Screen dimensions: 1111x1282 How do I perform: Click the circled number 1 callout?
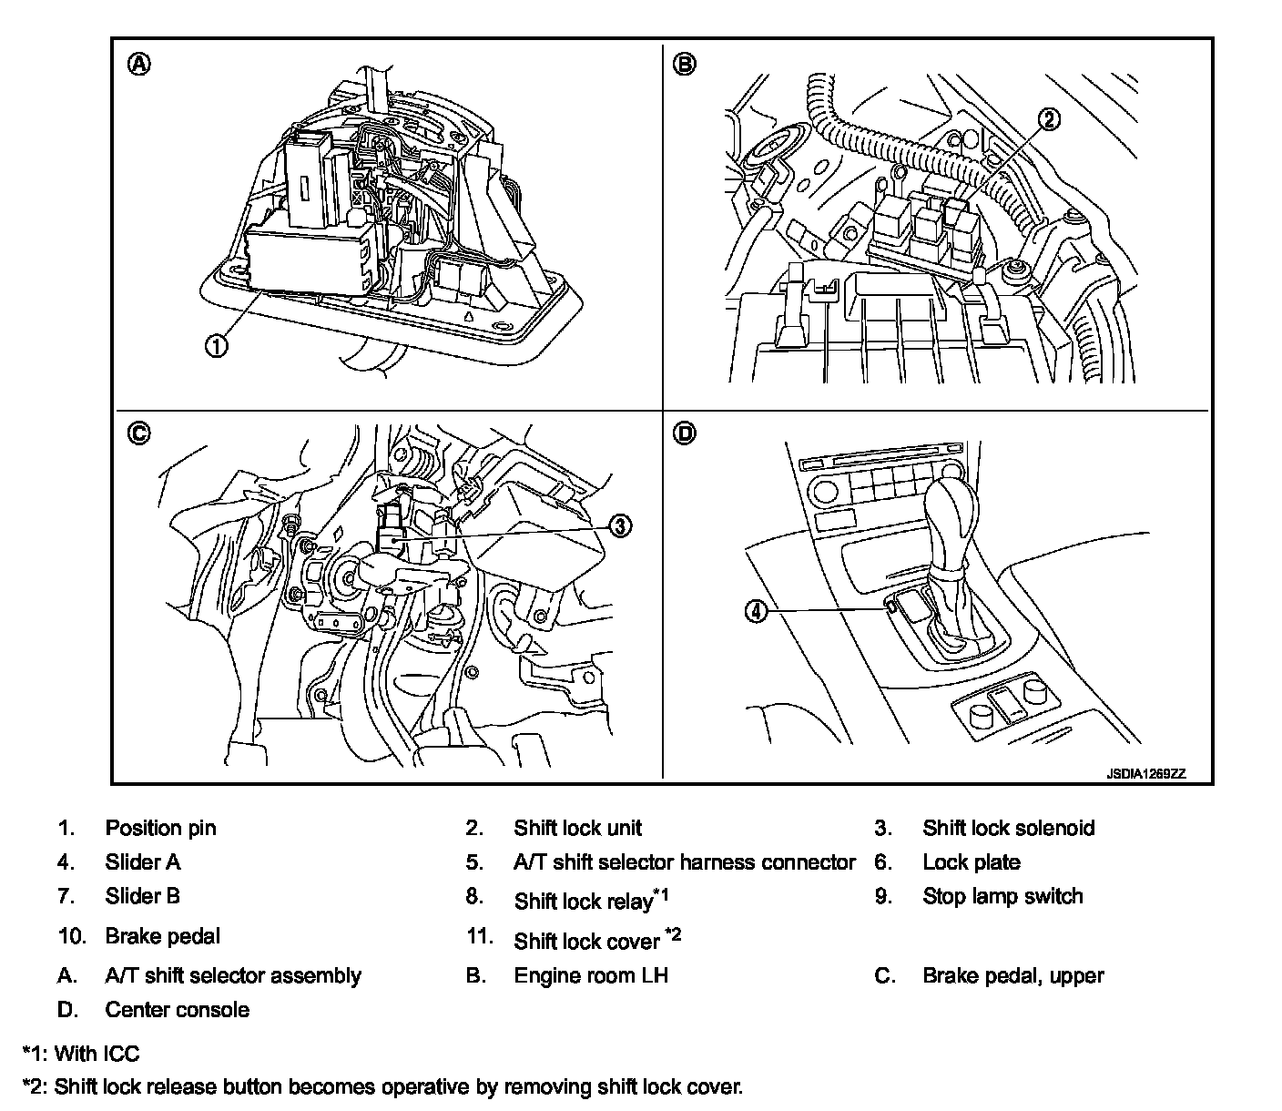point(216,346)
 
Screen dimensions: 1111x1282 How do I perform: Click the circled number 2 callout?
point(1050,118)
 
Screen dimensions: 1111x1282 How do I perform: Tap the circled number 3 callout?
point(618,525)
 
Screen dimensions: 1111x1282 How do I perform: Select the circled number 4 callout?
point(758,612)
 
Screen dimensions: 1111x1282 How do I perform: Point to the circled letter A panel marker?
point(138,64)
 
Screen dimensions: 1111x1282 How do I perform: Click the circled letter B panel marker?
point(684,64)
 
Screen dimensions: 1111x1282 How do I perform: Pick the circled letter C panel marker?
point(138,433)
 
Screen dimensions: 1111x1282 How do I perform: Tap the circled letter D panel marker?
point(684,433)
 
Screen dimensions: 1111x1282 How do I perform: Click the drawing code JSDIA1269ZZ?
point(1146,774)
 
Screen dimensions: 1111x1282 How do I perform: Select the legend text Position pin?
point(160,828)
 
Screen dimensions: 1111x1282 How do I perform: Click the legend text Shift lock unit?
point(577,828)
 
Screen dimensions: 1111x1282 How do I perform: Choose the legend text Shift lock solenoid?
point(1008,828)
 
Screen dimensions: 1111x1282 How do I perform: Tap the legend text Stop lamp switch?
point(1002,896)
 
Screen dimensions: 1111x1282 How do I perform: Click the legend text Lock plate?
point(971,862)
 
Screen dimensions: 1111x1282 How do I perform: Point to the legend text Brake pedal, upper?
point(1012,975)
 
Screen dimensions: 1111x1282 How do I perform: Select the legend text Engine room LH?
point(591,975)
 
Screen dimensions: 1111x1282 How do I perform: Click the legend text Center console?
point(177,1009)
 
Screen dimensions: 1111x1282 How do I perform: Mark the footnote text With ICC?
point(97,1054)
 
